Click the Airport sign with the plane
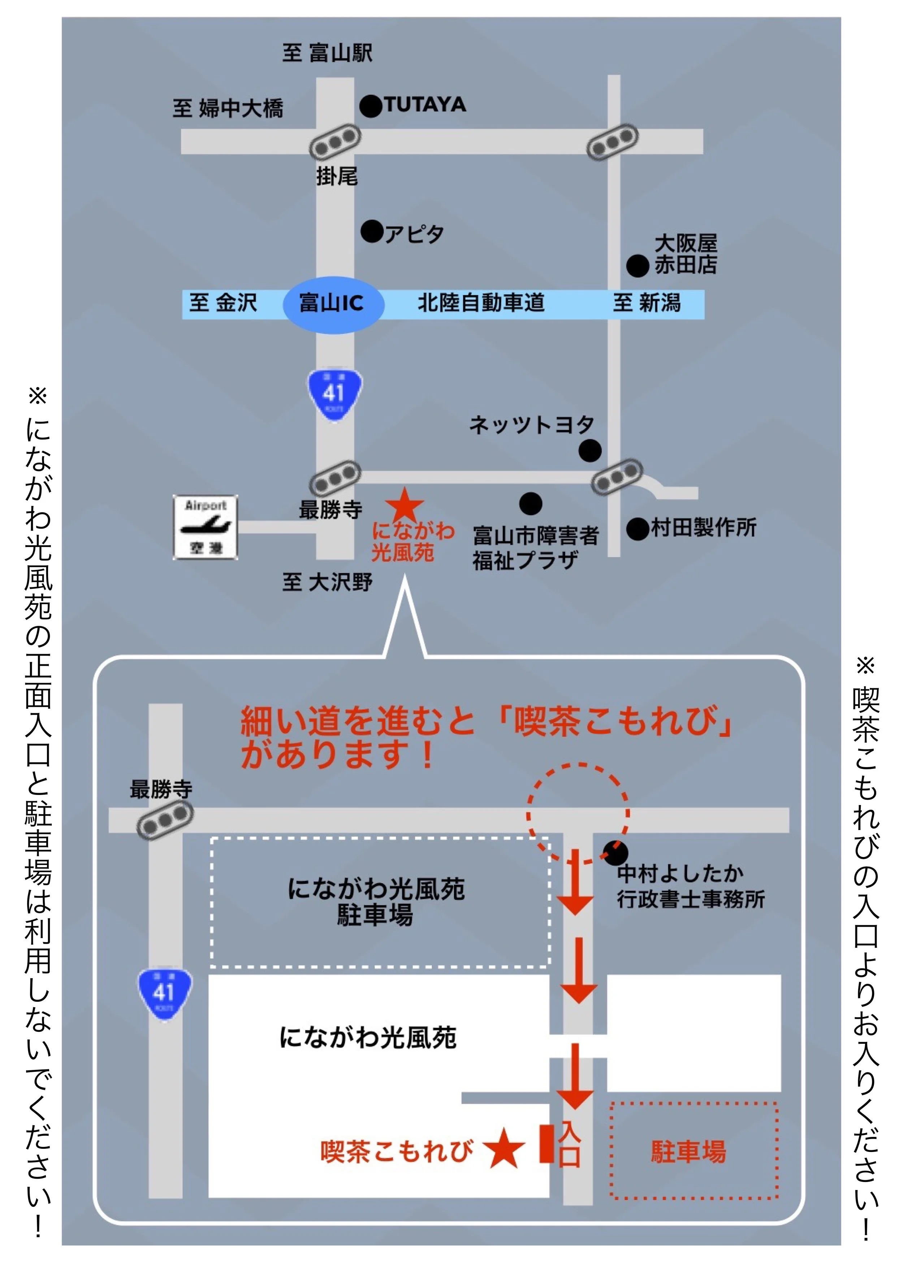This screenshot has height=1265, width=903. point(206,527)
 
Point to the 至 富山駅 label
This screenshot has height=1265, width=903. point(327,53)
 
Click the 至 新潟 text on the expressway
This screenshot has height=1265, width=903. point(647,304)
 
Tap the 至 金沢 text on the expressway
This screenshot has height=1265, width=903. point(223,304)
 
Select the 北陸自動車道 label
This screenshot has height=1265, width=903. point(481,304)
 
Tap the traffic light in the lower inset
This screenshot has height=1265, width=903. point(165,819)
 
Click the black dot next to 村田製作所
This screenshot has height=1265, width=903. point(637,529)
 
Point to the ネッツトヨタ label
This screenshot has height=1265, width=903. point(532,425)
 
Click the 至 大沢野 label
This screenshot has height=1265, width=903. point(327,582)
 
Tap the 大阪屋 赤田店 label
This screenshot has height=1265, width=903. point(686,254)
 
